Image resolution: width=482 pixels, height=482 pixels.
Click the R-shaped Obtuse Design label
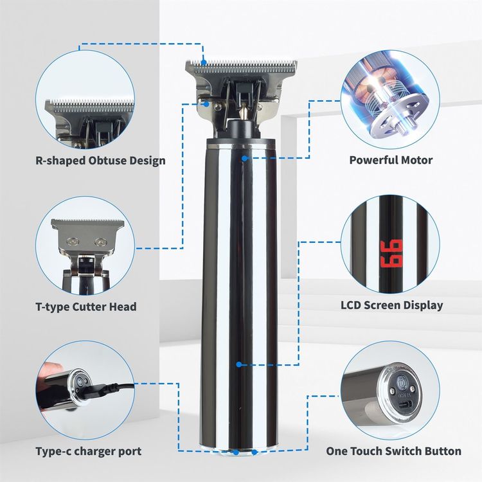tap(100, 161)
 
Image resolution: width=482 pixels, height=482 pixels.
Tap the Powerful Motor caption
tap(391, 160)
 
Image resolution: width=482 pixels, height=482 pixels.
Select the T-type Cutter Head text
tap(86, 307)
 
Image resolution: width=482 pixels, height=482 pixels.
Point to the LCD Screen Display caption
tap(392, 305)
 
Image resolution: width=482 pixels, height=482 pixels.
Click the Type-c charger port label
tap(89, 451)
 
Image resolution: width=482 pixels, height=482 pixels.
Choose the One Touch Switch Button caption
tap(393, 451)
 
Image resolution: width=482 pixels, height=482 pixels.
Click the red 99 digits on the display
tap(391, 253)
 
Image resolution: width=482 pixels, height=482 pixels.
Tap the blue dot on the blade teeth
tap(204, 62)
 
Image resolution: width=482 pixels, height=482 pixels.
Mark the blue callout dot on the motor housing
tap(244, 158)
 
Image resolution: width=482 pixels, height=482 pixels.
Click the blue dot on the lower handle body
tap(239, 364)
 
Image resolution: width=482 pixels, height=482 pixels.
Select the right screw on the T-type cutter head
tap(100, 242)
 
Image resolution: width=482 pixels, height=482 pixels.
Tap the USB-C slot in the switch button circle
tap(402, 405)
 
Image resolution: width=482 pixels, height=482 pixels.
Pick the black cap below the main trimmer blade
tap(242, 130)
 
